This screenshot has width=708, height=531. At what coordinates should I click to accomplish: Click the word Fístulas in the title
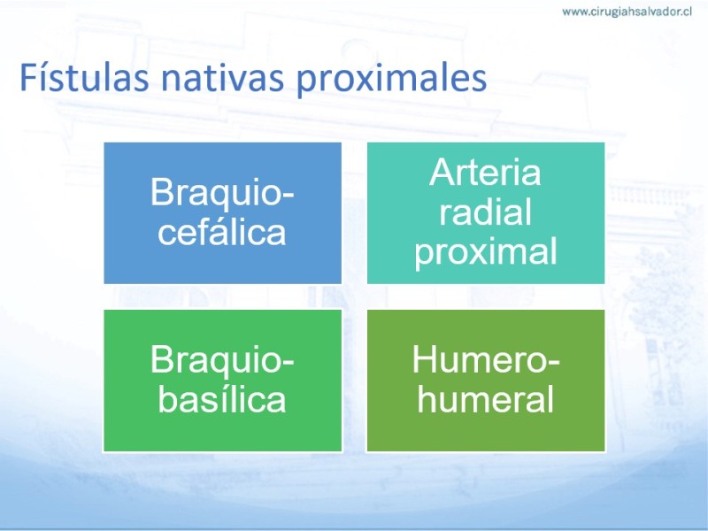tap(84, 77)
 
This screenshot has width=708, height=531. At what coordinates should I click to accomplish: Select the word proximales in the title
tap(391, 81)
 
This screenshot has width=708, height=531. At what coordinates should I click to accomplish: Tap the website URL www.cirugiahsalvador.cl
tap(627, 12)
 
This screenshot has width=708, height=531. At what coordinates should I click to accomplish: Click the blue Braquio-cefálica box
tap(223, 213)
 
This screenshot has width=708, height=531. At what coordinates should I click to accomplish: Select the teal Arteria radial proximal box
tap(486, 213)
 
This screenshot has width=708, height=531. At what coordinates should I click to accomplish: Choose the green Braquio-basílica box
tap(223, 381)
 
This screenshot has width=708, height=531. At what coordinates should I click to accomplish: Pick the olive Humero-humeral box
tap(486, 381)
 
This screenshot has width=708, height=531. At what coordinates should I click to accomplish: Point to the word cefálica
tap(222, 232)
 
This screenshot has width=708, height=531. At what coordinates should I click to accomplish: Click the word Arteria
tap(485, 172)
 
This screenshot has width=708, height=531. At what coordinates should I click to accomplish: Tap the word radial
tap(485, 212)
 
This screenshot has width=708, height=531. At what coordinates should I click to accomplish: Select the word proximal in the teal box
tap(486, 252)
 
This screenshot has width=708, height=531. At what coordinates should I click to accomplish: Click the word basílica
tap(222, 399)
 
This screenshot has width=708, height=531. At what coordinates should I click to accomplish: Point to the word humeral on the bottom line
tap(485, 399)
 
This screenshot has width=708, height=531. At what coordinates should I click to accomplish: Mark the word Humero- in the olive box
tap(486, 360)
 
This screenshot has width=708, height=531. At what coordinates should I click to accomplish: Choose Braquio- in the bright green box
tap(222, 361)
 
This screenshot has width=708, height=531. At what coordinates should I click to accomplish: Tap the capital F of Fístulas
tap(27, 78)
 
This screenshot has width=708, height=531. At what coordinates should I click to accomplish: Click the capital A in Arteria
tap(441, 172)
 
